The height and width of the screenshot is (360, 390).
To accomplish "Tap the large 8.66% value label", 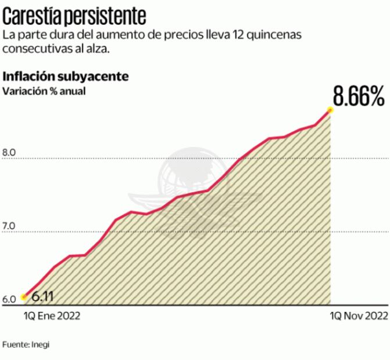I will [x=358, y=96].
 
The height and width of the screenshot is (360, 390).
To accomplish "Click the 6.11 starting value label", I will [x=42, y=297].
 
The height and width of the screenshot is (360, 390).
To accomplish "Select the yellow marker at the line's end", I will [x=330, y=109].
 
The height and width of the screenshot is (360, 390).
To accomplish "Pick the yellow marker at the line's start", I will [x=24, y=297].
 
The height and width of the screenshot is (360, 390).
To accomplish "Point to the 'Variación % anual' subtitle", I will [x=45, y=91].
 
